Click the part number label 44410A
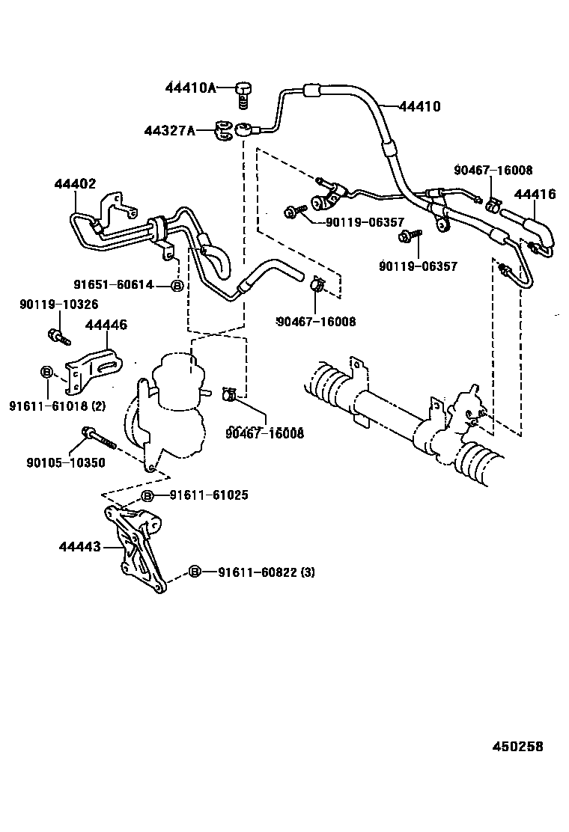[x=190, y=88]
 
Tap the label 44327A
[x=170, y=131]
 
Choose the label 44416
[x=535, y=195]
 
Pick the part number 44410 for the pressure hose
[x=419, y=107]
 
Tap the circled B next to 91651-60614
[x=177, y=286]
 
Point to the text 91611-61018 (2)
[x=57, y=406]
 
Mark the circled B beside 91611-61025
[x=147, y=496]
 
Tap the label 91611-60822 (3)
[x=267, y=572]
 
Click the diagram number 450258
[x=517, y=747]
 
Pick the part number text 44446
[x=106, y=325]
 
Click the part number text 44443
[x=79, y=547]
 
